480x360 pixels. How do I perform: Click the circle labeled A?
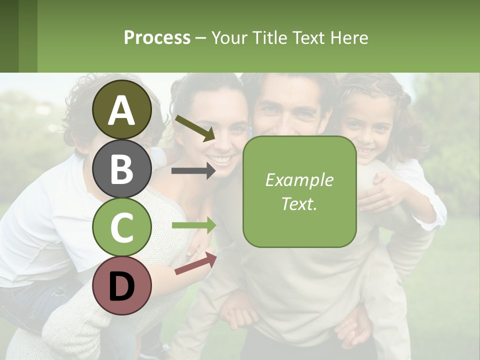(122, 109)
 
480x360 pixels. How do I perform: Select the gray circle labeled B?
(122, 168)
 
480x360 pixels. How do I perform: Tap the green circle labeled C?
(122, 227)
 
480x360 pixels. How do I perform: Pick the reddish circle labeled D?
(122, 285)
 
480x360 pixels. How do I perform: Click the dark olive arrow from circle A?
(194, 128)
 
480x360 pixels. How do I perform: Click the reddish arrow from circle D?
(195, 264)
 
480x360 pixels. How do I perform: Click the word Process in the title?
(157, 37)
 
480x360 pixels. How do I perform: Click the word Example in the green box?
(299, 180)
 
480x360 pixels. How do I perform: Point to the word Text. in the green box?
(299, 203)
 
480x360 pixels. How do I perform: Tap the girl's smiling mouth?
(365, 150)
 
